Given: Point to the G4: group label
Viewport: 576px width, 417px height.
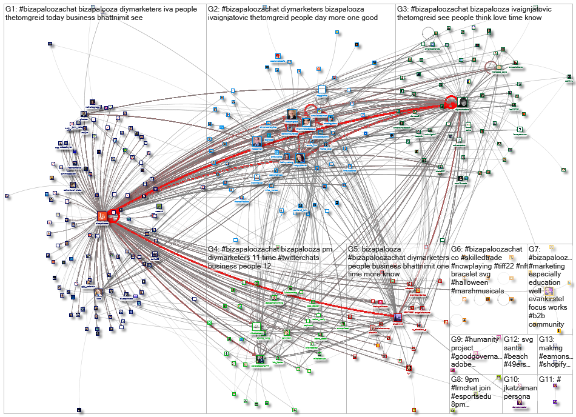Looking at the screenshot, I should pyautogui.click(x=214, y=249).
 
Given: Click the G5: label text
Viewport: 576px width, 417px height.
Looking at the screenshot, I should pyautogui.click(x=355, y=249).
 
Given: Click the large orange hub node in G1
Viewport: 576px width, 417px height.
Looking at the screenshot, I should pyautogui.click(x=103, y=216).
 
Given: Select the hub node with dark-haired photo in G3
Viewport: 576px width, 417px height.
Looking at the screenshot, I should pyautogui.click(x=463, y=103).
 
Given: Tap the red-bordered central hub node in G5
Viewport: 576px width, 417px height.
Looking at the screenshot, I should pyautogui.click(x=398, y=318).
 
